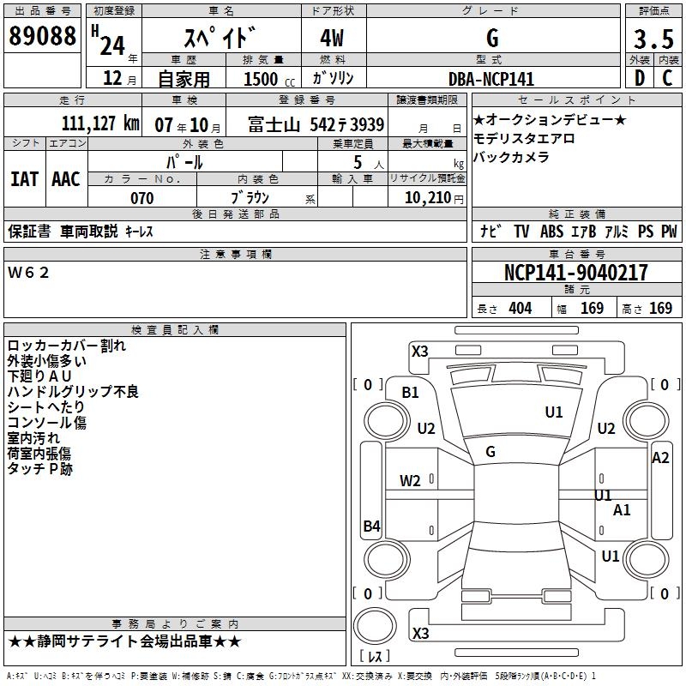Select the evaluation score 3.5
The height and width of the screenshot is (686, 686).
(x=652, y=39)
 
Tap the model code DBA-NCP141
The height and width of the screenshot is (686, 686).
(x=491, y=79)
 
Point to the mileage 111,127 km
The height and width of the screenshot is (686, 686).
(x=100, y=123)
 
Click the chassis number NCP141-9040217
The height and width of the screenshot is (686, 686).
(x=576, y=273)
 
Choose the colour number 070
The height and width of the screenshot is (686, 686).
(x=141, y=198)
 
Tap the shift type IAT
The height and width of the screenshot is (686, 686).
(x=24, y=179)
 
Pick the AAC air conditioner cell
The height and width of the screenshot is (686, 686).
(x=66, y=179)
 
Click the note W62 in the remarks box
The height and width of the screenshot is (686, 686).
(x=29, y=273)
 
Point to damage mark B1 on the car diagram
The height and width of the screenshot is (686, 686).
(x=411, y=392)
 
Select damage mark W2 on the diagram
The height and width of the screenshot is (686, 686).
(x=411, y=480)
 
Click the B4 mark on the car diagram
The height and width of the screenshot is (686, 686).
(x=371, y=527)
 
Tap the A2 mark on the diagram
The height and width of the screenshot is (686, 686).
(x=660, y=458)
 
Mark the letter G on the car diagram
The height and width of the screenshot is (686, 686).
(x=490, y=451)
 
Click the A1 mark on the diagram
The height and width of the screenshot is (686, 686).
(x=622, y=510)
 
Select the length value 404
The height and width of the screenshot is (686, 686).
(x=520, y=309)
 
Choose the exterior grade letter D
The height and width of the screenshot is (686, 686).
(x=638, y=79)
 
